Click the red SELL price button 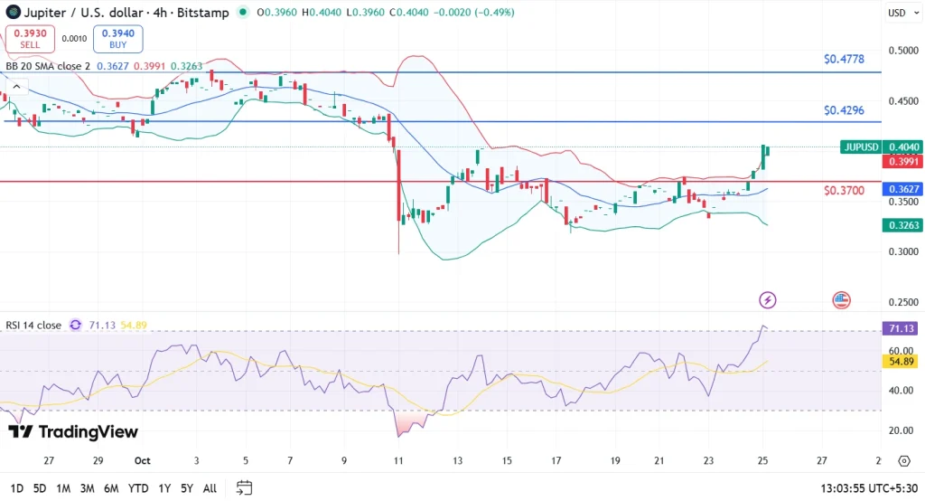pyautogui.click(x=30, y=39)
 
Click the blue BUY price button pyautogui.click(x=117, y=39)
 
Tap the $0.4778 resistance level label pyautogui.click(x=844, y=60)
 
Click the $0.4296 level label pyautogui.click(x=844, y=110)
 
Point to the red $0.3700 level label pyautogui.click(x=844, y=191)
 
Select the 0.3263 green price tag pyautogui.click(x=903, y=225)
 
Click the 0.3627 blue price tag pyautogui.click(x=903, y=189)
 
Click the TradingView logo pyautogui.click(x=73, y=431)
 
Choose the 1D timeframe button pyautogui.click(x=15, y=488)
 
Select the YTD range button pyautogui.click(x=138, y=488)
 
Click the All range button pyautogui.click(x=210, y=488)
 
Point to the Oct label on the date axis pyautogui.click(x=142, y=459)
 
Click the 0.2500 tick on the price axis pyautogui.click(x=903, y=302)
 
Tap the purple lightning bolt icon pyautogui.click(x=768, y=299)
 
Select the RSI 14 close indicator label pyautogui.click(x=34, y=326)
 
